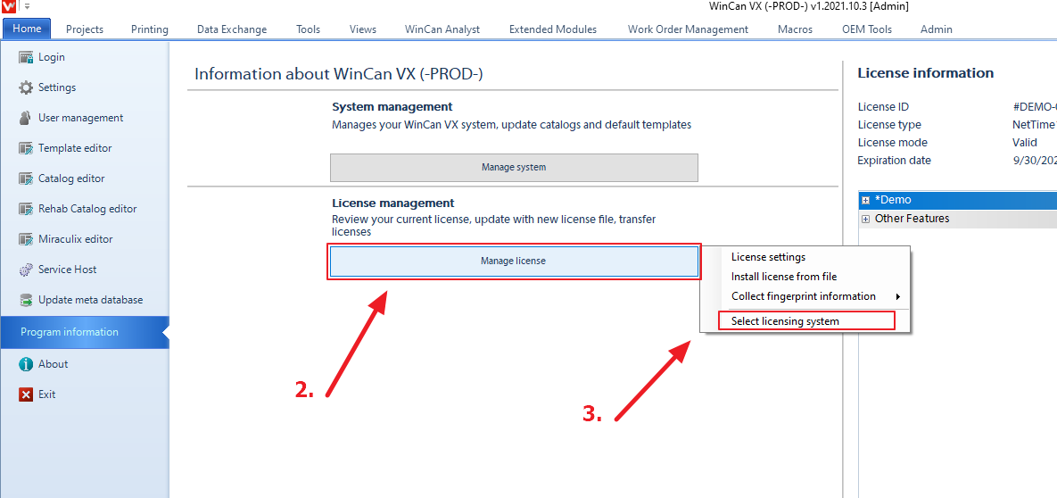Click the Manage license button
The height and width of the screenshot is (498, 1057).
(x=513, y=261)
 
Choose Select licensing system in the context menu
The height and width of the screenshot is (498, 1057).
(x=785, y=321)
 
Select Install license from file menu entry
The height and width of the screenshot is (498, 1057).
(x=783, y=277)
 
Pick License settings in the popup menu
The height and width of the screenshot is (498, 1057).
(x=768, y=257)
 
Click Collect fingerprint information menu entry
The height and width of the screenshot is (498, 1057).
(x=803, y=296)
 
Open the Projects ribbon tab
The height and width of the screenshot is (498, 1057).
(x=85, y=29)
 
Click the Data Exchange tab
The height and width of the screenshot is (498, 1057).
(x=232, y=29)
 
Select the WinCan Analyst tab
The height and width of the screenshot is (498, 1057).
(x=442, y=29)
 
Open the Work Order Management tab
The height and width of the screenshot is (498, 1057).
(x=688, y=29)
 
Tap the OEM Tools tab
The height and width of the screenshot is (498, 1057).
(x=867, y=29)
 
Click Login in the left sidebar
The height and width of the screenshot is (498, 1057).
(x=51, y=57)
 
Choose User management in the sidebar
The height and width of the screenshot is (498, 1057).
(x=80, y=118)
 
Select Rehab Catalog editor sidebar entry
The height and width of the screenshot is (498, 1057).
(x=87, y=209)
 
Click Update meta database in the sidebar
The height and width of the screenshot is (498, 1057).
(x=90, y=300)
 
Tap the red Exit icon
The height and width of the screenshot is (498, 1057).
(x=27, y=394)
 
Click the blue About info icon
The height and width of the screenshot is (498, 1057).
(x=27, y=364)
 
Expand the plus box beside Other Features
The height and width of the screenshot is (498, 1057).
(x=865, y=219)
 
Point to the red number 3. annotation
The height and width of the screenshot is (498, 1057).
(x=592, y=413)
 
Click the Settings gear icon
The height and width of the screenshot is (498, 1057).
(x=27, y=87)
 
